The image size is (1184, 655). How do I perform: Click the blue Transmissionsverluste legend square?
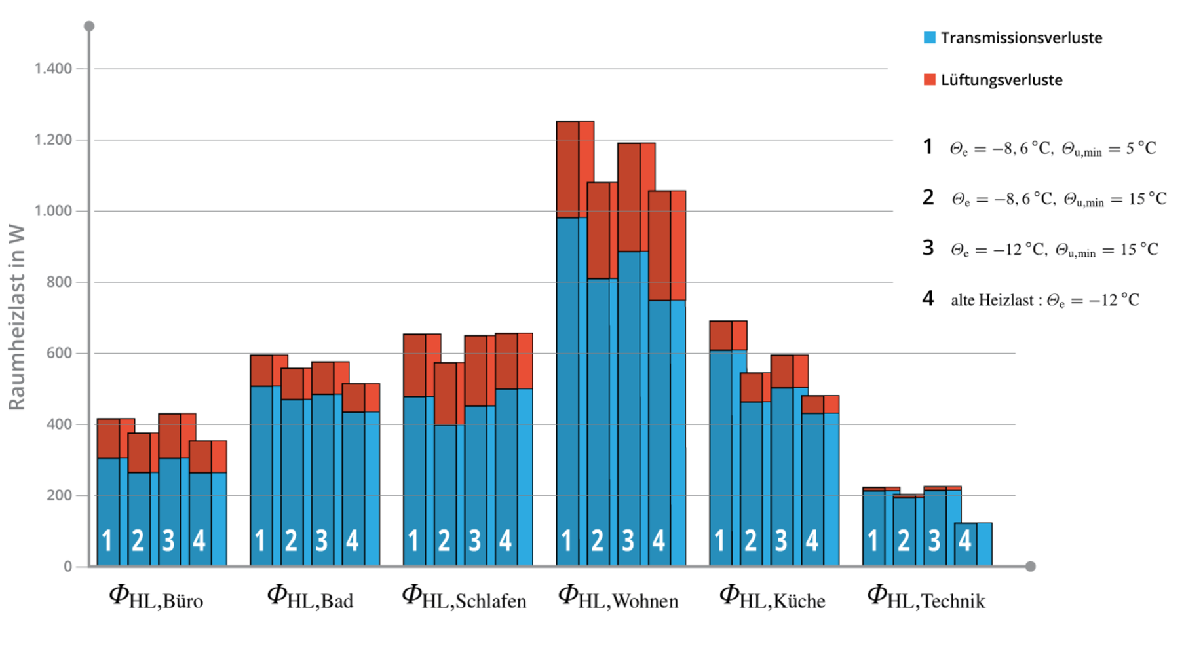click(x=929, y=38)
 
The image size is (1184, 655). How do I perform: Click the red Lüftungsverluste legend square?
click(x=929, y=80)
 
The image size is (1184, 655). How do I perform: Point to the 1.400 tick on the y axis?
click(x=53, y=69)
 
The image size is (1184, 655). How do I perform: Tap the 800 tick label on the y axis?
click(x=60, y=282)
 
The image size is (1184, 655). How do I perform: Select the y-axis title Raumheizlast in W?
click(x=16, y=318)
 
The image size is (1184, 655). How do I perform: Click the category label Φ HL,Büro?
click(x=156, y=597)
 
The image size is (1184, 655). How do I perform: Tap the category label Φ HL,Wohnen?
click(x=618, y=597)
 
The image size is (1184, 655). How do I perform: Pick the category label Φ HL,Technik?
click(x=926, y=597)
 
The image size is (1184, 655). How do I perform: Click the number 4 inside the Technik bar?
click(x=964, y=541)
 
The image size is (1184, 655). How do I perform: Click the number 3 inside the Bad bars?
click(x=321, y=541)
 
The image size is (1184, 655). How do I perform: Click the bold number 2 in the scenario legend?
click(x=928, y=197)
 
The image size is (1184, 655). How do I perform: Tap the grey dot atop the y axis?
click(x=89, y=26)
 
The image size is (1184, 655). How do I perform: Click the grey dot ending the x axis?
click(x=1030, y=566)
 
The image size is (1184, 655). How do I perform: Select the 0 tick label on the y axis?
click(x=68, y=567)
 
